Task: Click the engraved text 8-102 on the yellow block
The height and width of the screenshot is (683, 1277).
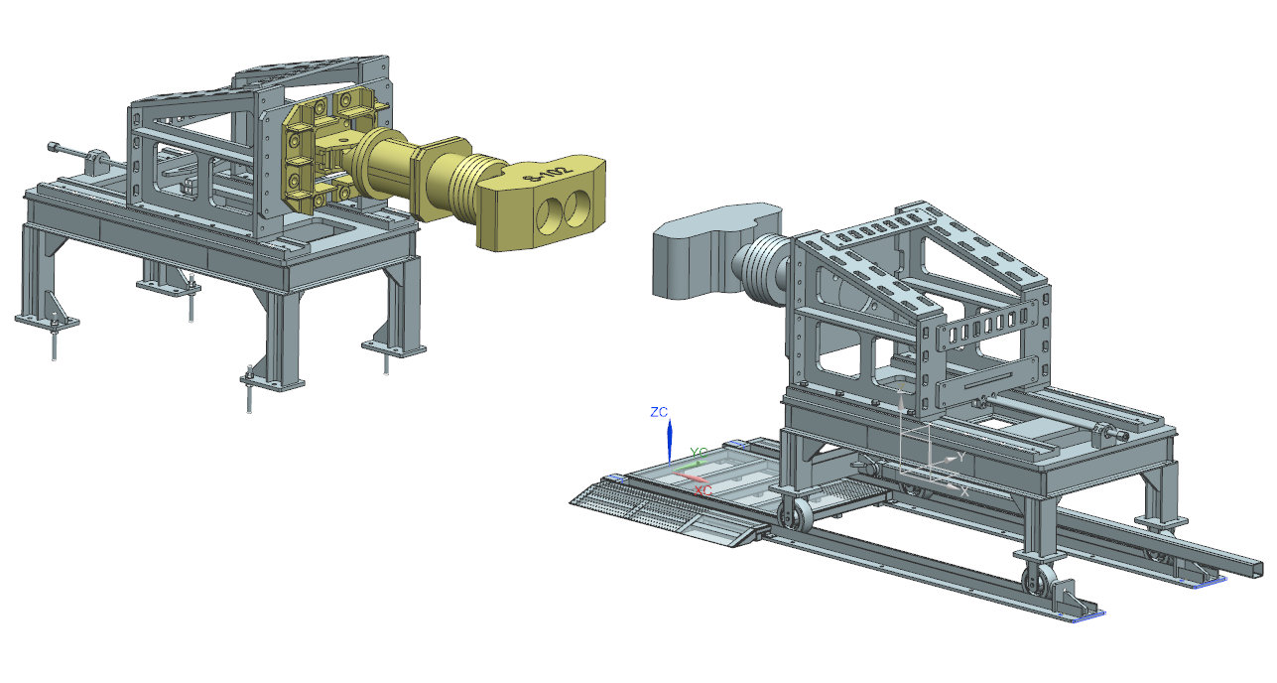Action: (x=548, y=174)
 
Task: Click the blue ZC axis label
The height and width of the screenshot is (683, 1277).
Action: (x=658, y=411)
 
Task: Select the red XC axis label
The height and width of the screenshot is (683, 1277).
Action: (x=703, y=490)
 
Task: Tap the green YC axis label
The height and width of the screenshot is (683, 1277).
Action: (x=699, y=453)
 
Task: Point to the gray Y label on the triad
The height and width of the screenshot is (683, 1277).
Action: (x=959, y=458)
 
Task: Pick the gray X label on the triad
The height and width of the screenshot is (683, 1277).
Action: (x=963, y=490)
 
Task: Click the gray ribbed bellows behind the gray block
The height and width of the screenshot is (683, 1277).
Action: (x=762, y=268)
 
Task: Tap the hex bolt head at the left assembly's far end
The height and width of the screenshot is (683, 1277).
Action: (x=51, y=149)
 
